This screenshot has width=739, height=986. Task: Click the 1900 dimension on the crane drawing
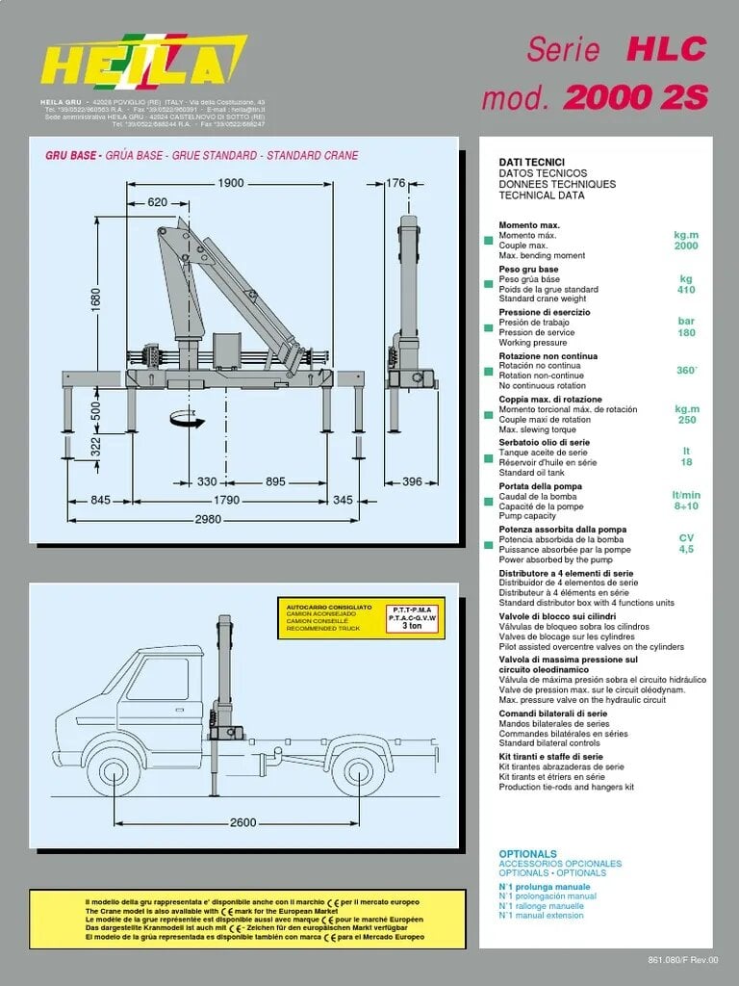[230, 183]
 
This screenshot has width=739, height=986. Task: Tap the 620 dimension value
[158, 202]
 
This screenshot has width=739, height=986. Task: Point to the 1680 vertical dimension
[95, 299]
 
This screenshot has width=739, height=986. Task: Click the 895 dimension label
[275, 481]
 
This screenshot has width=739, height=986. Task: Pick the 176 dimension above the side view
[395, 183]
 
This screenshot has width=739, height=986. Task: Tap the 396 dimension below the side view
[412, 481]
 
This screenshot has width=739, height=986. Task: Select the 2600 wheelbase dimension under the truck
[243, 822]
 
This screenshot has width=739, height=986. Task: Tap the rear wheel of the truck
[355, 774]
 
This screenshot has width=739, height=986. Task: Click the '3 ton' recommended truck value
[412, 626]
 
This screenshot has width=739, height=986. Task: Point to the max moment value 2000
[686, 246]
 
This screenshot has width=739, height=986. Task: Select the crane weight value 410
[686, 290]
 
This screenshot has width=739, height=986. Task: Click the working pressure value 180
[686, 333]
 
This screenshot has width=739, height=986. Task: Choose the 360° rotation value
[686, 370]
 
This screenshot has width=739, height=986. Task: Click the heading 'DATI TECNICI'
[531, 163]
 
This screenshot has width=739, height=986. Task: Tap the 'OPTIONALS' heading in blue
[527, 854]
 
